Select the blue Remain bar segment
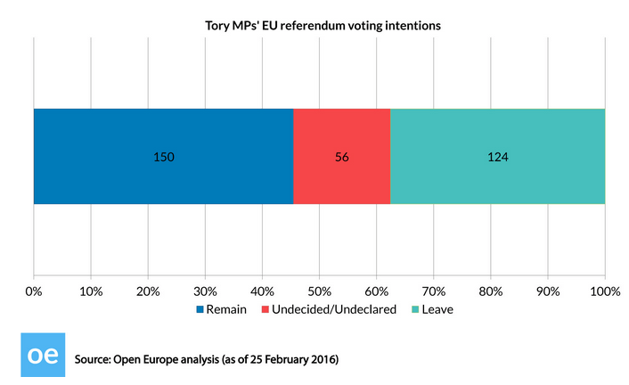tap(163, 157)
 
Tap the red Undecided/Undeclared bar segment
tap(341, 157)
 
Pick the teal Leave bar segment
tap(497, 157)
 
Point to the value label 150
tap(163, 157)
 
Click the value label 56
tap(341, 157)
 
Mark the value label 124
tap(497, 157)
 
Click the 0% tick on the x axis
tap(34, 291)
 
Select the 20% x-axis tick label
tap(148, 291)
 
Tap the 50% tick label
tap(319, 291)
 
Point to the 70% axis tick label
tap(433, 291)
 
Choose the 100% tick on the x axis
tap(604, 291)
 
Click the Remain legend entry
tap(228, 310)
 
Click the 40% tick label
tap(262, 291)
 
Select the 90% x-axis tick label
tap(547, 291)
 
